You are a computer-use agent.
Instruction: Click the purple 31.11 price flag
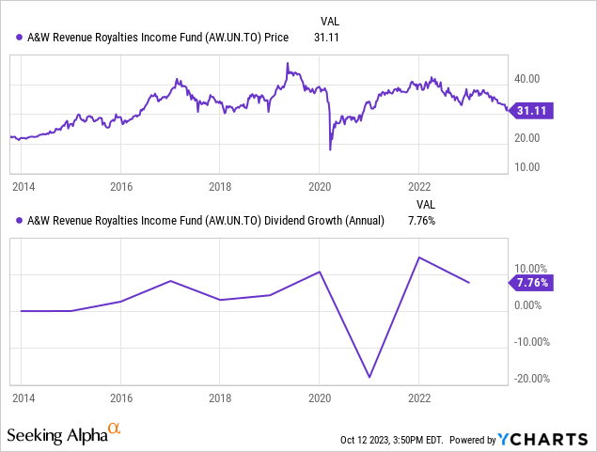click(531, 111)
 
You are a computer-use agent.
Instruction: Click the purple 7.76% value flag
click(531, 282)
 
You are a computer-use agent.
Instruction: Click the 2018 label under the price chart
click(219, 187)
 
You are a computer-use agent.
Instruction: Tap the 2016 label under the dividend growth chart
click(120, 398)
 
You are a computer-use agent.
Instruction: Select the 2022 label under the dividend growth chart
click(418, 398)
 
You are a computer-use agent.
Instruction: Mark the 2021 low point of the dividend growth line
click(369, 378)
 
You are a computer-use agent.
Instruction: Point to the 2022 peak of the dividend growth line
click(419, 257)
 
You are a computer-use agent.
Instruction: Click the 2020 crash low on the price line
click(330, 149)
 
